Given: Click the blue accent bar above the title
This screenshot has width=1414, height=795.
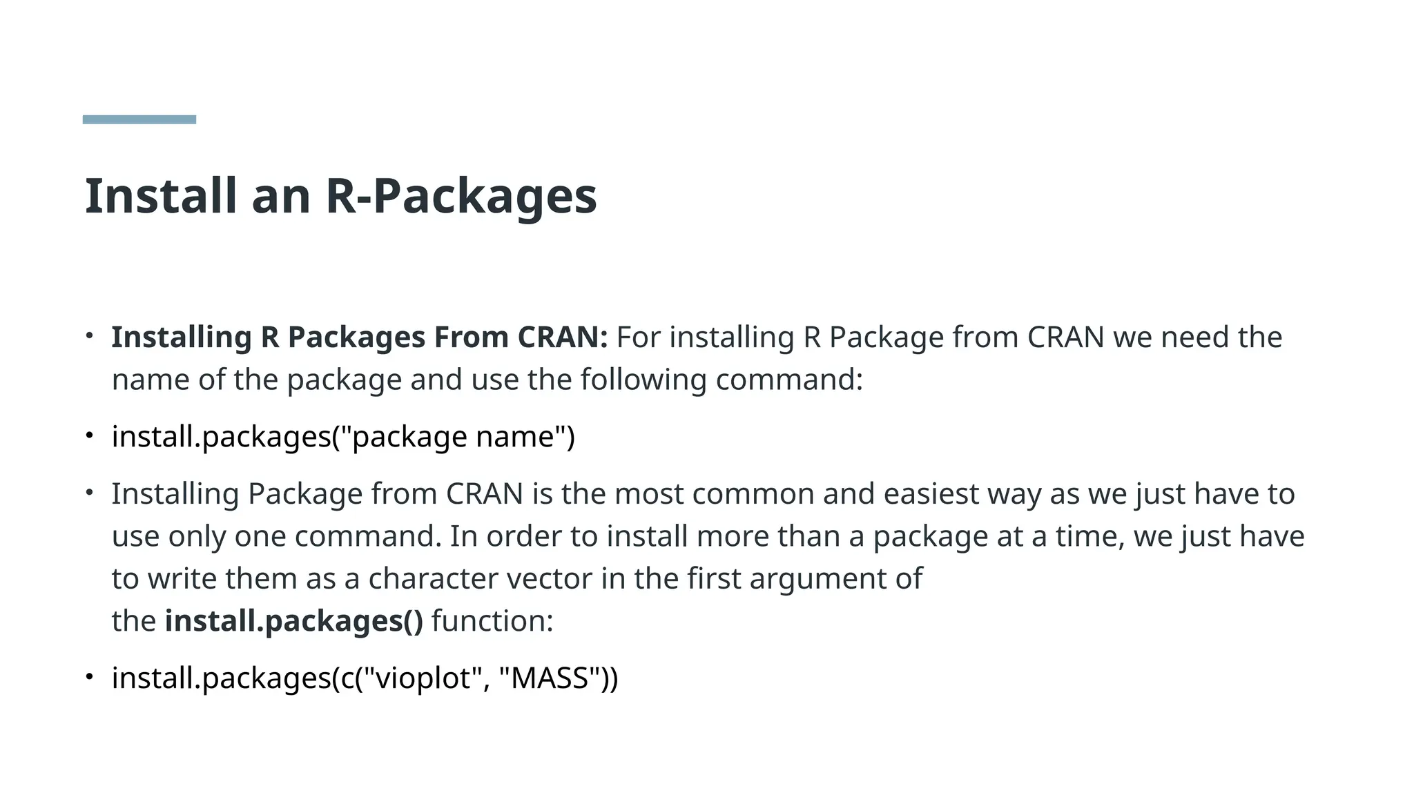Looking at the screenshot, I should click(139, 119).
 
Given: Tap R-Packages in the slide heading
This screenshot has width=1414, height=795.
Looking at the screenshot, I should click(461, 196).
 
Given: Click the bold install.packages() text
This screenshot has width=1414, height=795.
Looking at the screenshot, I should click(293, 621).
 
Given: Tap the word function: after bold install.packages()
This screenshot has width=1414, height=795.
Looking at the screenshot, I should click(492, 621).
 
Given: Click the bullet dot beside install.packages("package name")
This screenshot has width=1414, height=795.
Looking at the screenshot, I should click(89, 435).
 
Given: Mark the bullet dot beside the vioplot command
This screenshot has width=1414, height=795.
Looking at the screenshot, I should click(89, 677).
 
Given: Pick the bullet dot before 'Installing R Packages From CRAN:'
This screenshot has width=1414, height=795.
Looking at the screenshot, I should click(89, 336).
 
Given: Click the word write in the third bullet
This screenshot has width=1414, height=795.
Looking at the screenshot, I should click(182, 578).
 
